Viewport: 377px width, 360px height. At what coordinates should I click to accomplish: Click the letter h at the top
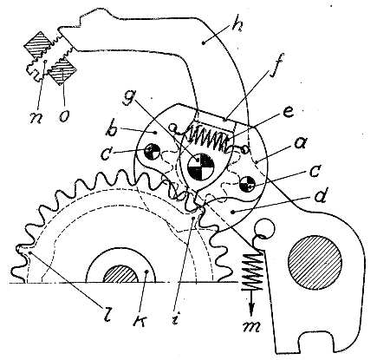pos(237,26)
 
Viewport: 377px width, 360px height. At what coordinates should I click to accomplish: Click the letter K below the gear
pos(140,318)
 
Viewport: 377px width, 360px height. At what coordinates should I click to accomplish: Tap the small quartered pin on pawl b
pos(153,150)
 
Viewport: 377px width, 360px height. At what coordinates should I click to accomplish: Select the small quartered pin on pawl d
pos(248,184)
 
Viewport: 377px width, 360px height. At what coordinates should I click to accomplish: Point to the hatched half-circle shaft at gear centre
pos(120,273)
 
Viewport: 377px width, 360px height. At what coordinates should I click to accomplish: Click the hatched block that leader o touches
pos(62,71)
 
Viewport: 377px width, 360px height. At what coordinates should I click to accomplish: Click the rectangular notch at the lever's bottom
pos(315,341)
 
